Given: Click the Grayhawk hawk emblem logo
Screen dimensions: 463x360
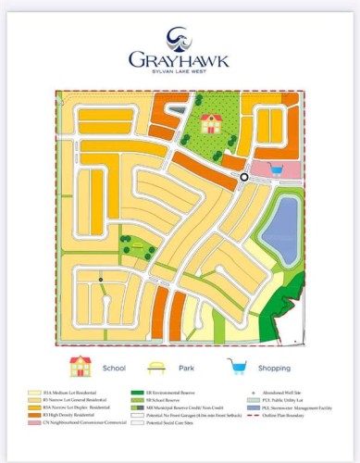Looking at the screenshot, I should [x=179, y=37].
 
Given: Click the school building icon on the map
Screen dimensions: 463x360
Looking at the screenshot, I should [x=211, y=123].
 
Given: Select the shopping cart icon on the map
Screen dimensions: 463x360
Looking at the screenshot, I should [x=276, y=169].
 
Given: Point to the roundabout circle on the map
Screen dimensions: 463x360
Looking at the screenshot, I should [x=244, y=177].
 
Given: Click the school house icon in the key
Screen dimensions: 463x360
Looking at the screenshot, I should [x=81, y=366].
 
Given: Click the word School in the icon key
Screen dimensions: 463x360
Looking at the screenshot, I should [x=114, y=368].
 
